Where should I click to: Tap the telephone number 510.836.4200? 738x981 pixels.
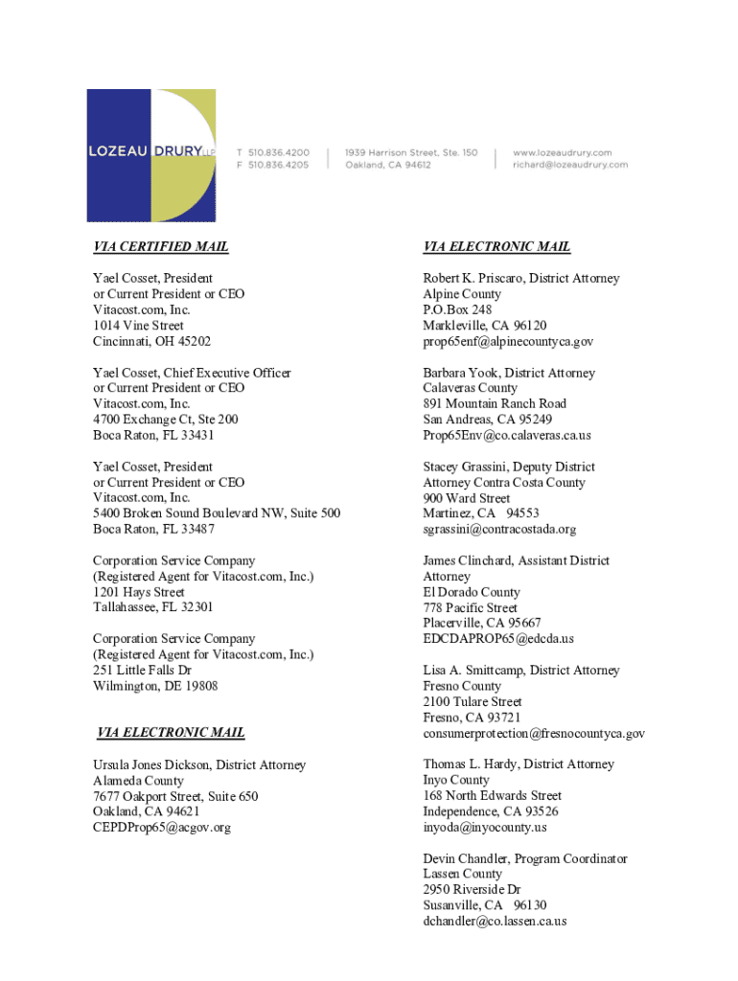pos(279,152)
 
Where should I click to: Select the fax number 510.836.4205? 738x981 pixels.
pos(279,165)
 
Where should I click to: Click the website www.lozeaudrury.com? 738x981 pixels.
pos(563,152)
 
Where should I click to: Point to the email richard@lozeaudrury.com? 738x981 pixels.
pos(570,165)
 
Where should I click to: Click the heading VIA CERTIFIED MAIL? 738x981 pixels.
pos(161,247)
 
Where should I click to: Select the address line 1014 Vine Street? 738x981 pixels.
pos(138,326)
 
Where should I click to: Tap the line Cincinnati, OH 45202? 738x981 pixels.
pos(151,341)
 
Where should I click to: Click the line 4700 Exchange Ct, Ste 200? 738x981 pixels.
pos(166,420)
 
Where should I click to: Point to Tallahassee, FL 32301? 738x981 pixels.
pos(153,607)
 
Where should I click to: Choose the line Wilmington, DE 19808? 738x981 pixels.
pos(155,686)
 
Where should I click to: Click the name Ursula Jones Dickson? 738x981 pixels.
pos(151,765)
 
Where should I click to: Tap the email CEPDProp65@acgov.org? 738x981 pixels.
pos(162,828)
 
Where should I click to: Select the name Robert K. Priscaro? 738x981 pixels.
pos(473,279)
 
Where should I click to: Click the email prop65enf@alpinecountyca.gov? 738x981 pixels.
pos(508,341)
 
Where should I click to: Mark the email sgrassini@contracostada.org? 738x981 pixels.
pos(499,529)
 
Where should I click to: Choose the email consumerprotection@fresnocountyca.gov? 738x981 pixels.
pos(534,734)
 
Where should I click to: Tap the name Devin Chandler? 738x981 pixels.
pos(466,859)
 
